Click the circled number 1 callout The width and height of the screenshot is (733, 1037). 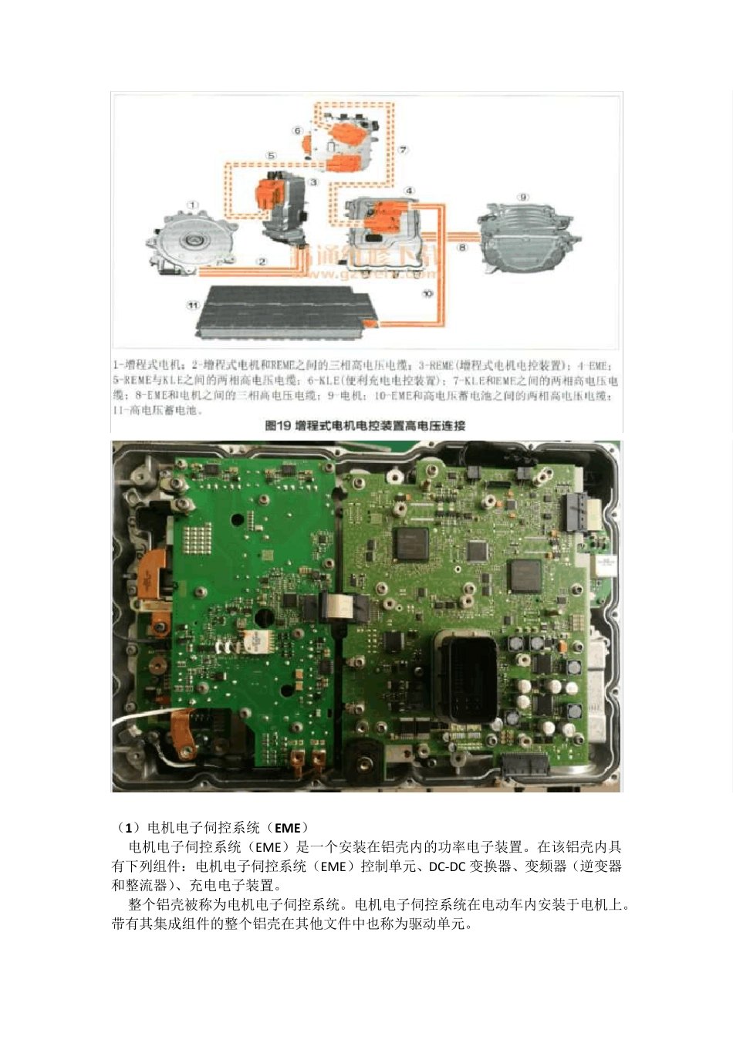pos(192,204)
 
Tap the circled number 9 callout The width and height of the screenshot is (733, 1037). pos(523,198)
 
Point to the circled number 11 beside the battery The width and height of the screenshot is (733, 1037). pos(193,306)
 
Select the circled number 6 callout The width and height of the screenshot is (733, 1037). pos(297,130)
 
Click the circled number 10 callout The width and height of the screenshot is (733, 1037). pos(427,293)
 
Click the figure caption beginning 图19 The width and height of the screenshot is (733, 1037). pos(365,425)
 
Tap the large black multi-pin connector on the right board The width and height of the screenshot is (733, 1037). pos(465,678)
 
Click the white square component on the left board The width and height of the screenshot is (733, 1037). pos(252,641)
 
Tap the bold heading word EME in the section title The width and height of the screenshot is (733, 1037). pos(287,828)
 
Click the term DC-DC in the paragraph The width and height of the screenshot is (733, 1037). pos(447,866)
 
